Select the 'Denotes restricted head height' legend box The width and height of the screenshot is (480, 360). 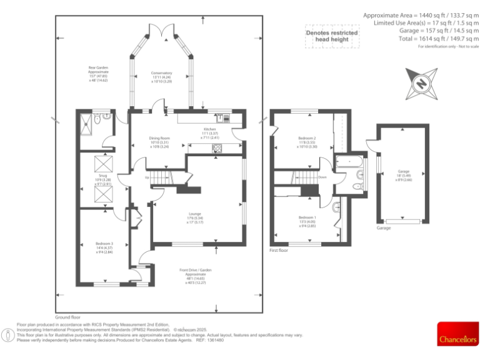coord(331,37)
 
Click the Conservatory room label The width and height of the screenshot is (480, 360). coord(161,77)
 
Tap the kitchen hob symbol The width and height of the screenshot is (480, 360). coord(218,148)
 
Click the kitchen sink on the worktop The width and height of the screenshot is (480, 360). coord(222,116)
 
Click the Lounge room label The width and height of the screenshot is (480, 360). coord(195,217)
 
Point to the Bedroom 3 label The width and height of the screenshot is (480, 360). coord(104,247)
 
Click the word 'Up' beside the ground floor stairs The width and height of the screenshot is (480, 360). coord(146,177)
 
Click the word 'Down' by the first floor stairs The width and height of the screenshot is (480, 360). coord(322,177)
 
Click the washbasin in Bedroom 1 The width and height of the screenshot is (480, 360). coord(336,207)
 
